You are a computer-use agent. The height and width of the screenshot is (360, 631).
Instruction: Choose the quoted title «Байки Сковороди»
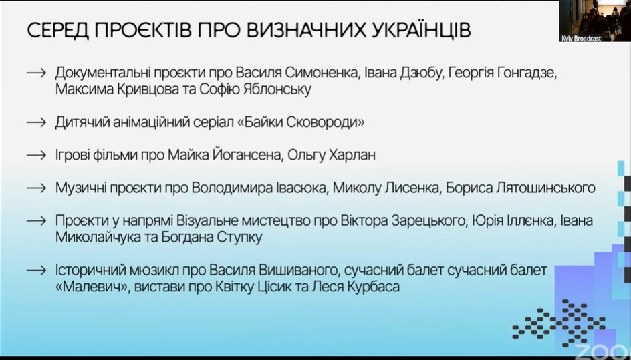pyautogui.click(x=299, y=122)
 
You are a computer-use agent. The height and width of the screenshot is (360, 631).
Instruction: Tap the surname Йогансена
pyautogui.click(x=246, y=155)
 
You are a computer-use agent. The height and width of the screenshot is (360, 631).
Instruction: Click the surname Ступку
pyautogui.click(x=240, y=237)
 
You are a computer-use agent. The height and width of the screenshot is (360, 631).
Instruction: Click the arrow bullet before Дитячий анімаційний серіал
pyautogui.click(x=37, y=122)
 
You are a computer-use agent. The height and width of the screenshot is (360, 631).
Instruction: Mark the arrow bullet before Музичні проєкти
pyautogui.click(x=37, y=188)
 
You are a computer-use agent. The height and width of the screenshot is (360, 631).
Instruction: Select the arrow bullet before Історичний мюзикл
pyautogui.click(x=37, y=271)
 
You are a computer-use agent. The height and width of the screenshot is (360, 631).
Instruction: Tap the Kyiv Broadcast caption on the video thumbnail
pyautogui.click(x=581, y=39)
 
